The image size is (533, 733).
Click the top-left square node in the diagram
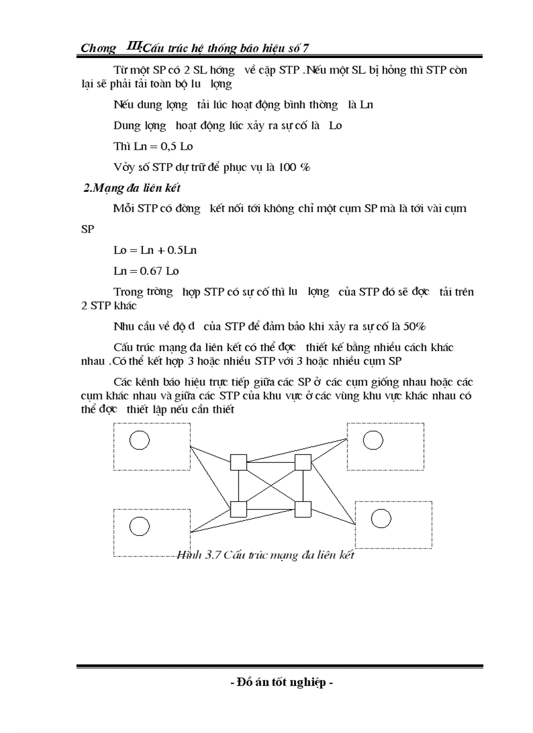238,462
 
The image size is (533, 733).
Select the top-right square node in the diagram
302,462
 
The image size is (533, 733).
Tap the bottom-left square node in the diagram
238,508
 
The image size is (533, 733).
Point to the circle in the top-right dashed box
372,441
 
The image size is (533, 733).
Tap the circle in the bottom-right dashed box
381,518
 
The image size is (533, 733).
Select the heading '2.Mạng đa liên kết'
131,188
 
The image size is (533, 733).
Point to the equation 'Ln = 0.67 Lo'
146,270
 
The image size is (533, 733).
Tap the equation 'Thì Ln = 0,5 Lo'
153,146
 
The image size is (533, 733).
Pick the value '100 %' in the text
295,166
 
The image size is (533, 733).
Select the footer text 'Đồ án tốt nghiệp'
282,683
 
